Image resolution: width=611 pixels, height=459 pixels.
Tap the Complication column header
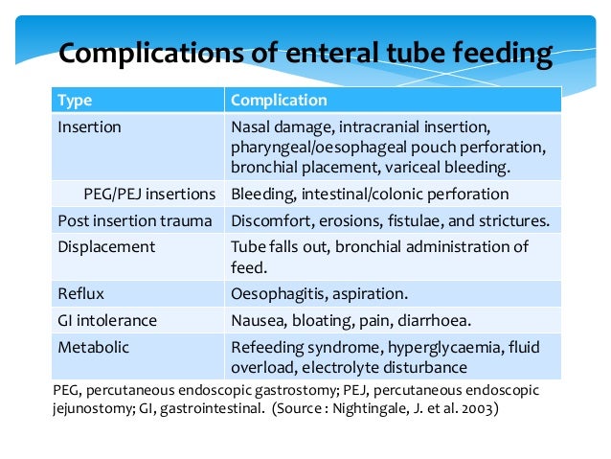point(280,101)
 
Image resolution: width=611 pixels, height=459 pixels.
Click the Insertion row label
point(89,126)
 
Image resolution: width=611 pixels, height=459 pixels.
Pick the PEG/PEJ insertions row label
point(148,195)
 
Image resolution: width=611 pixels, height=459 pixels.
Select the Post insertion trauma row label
point(134,220)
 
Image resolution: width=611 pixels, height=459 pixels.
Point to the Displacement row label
point(106,246)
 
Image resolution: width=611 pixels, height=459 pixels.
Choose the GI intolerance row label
point(107,321)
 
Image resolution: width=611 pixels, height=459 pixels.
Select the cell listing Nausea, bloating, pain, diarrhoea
point(351,321)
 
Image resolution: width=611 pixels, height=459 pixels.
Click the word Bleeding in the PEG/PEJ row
point(262,195)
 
